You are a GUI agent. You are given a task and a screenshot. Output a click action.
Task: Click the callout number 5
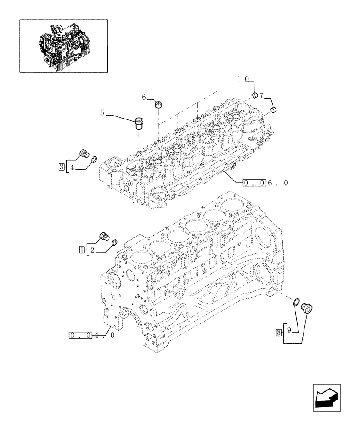(x=102, y=113)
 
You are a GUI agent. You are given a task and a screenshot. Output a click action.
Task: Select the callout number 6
(x=144, y=97)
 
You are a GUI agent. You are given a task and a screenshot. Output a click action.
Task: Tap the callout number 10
(x=243, y=79)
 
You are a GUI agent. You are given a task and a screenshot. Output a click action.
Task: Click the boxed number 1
(x=81, y=249)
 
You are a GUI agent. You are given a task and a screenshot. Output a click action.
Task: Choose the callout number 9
(x=290, y=331)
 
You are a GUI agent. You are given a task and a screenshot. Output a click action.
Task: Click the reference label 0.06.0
(x=265, y=183)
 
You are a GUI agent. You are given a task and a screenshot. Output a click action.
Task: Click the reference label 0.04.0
(x=91, y=335)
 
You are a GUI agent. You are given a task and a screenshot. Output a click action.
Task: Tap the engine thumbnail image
(x=63, y=46)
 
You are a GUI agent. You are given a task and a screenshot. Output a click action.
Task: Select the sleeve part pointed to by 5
(x=139, y=124)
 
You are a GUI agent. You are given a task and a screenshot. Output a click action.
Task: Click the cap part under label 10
(x=255, y=95)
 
